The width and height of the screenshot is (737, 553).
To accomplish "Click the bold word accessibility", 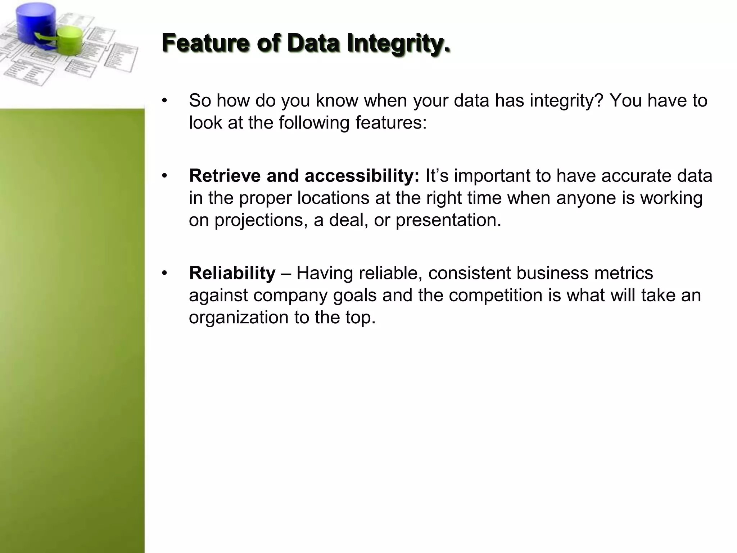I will (362, 176).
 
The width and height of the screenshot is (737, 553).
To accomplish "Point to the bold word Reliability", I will (232, 273).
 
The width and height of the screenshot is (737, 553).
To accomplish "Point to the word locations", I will (333, 198).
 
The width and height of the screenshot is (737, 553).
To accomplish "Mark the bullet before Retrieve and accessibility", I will (164, 176).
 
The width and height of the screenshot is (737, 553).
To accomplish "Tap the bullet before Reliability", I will (164, 273).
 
